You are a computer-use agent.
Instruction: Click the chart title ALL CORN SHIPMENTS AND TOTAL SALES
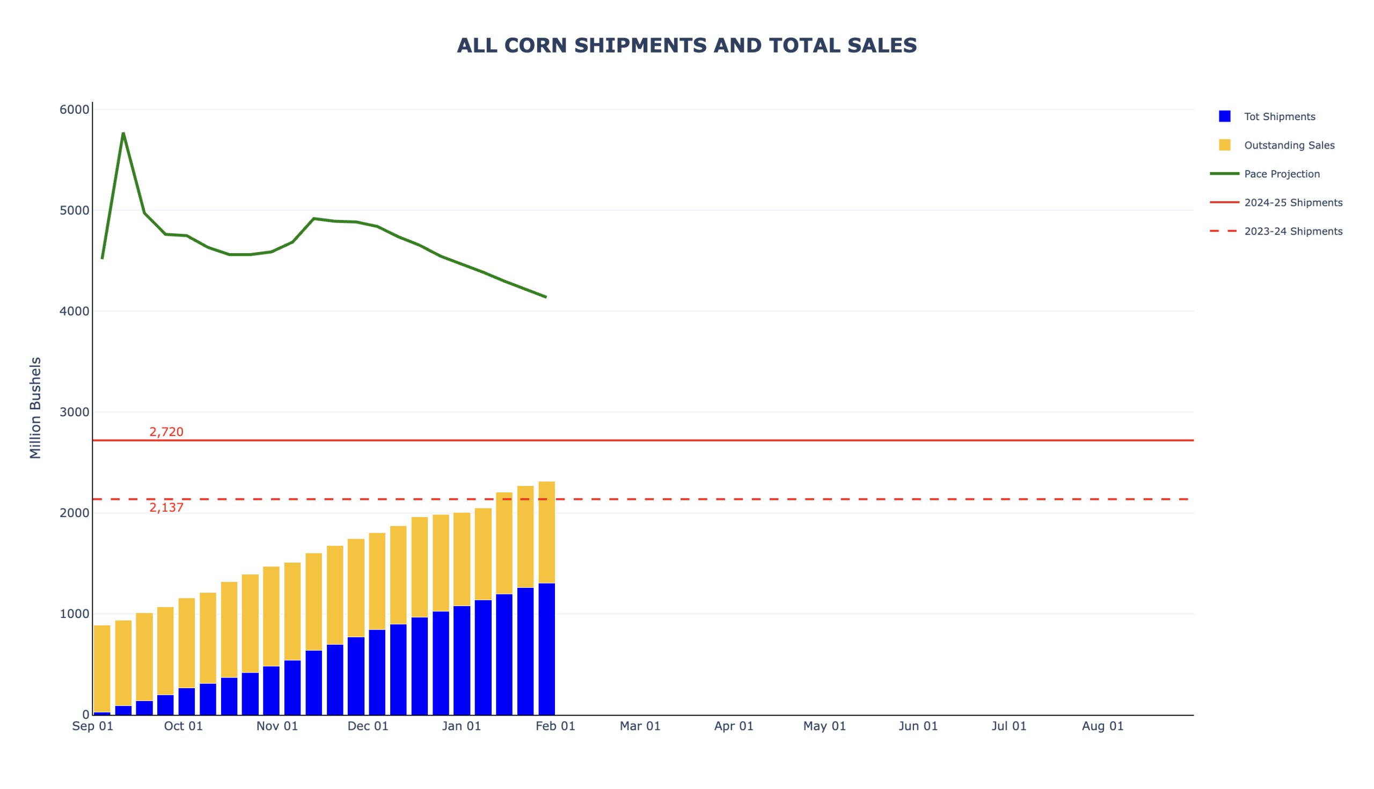(686, 46)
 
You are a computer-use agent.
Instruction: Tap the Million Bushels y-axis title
(35, 408)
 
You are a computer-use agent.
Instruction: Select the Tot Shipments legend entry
(1279, 116)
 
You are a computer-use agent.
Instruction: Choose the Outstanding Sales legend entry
(1289, 145)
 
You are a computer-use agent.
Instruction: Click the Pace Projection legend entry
(1281, 174)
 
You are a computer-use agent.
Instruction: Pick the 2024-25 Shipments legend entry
(1292, 203)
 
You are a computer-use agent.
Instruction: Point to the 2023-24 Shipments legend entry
(1292, 231)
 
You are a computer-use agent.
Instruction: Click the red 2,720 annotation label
(166, 432)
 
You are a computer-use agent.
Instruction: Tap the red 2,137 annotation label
(166, 507)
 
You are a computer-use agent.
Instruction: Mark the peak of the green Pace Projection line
(123, 133)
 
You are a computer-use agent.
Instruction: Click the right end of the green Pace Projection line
(546, 297)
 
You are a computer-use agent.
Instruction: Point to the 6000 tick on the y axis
(74, 109)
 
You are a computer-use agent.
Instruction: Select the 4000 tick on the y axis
(74, 311)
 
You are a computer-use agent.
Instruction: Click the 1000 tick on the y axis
(74, 614)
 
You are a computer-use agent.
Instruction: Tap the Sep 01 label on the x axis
(93, 726)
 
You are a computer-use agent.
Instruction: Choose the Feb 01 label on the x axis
(556, 726)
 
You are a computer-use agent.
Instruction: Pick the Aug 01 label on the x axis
(1103, 726)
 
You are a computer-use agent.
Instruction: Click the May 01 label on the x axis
(824, 726)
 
